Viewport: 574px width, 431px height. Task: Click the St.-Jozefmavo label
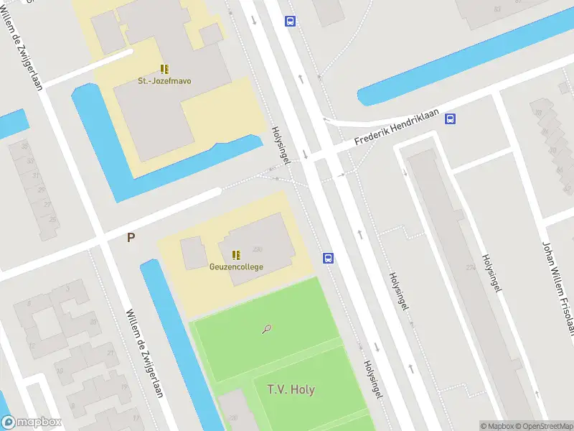pyautogui.click(x=164, y=81)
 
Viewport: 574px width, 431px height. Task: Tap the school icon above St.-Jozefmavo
pyautogui.click(x=164, y=69)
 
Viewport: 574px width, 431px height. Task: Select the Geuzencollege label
pyautogui.click(x=236, y=267)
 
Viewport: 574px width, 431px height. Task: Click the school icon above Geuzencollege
pyautogui.click(x=236, y=254)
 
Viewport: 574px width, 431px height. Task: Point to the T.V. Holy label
pyautogui.click(x=291, y=389)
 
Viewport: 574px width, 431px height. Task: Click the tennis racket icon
pyautogui.click(x=267, y=330)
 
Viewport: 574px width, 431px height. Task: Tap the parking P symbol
pyautogui.click(x=131, y=237)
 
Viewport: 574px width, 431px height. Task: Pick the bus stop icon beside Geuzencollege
pyautogui.click(x=328, y=259)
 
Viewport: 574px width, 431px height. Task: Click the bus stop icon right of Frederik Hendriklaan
pyautogui.click(x=450, y=119)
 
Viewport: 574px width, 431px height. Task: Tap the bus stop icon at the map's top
pyautogui.click(x=290, y=22)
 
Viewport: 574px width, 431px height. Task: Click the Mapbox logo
pyautogui.click(x=32, y=422)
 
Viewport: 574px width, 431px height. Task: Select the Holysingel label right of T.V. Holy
pyautogui.click(x=374, y=379)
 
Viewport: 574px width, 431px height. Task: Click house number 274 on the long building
pyautogui.click(x=471, y=268)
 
